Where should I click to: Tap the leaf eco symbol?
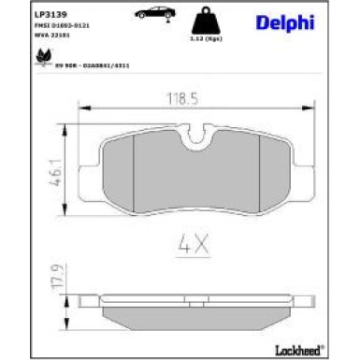(43, 57)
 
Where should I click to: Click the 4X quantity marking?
(194, 247)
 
